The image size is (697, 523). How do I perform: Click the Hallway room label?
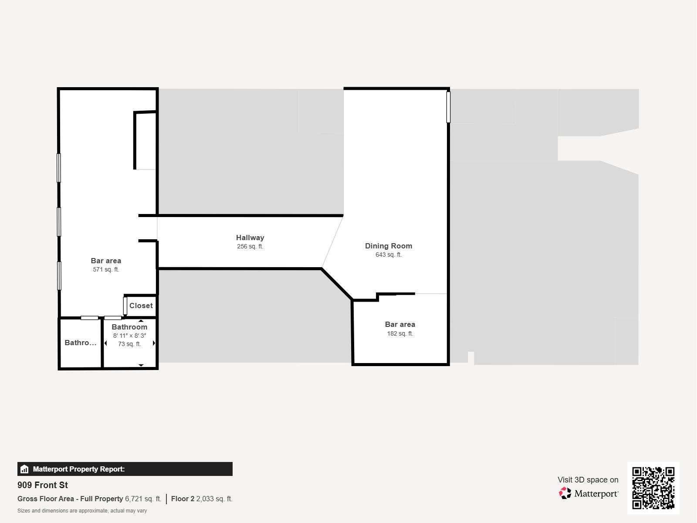(250, 238)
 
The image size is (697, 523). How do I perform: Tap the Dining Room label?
(388, 246)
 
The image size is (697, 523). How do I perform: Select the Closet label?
(141, 306)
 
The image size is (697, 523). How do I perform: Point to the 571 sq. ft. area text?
(106, 270)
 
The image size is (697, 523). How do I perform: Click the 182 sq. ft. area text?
(400, 333)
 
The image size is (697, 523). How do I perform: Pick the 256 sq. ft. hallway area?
(250, 246)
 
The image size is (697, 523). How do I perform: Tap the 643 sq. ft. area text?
(388, 255)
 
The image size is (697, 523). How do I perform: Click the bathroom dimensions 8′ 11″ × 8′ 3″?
(129, 336)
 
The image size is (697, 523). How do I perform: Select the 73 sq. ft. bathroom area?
(129, 344)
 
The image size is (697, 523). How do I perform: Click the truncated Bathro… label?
(80, 343)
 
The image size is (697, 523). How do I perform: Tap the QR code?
(653, 488)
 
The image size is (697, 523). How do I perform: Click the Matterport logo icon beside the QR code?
(565, 493)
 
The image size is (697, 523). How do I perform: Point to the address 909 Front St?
(43, 485)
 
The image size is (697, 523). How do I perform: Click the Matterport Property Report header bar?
(125, 469)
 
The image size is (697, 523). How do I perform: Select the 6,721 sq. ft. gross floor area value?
(143, 499)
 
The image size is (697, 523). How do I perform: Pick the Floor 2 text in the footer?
(183, 499)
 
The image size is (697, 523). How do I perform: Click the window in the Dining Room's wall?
(448, 107)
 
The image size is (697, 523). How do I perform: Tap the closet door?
(125, 306)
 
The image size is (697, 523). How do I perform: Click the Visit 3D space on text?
(588, 480)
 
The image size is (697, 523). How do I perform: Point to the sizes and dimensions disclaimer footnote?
(82, 511)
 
